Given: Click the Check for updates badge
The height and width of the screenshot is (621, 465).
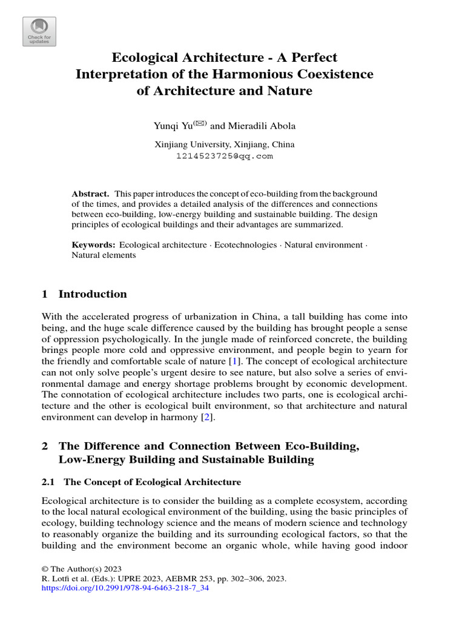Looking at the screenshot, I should [x=39, y=31].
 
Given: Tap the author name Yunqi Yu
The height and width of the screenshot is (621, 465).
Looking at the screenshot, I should [x=173, y=126].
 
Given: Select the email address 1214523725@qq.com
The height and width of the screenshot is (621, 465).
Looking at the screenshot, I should [x=224, y=156].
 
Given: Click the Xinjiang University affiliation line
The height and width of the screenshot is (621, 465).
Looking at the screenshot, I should [x=224, y=144].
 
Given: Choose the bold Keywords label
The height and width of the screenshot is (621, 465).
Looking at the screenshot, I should [x=93, y=244].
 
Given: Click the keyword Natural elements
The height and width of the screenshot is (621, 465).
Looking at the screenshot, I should [x=104, y=255].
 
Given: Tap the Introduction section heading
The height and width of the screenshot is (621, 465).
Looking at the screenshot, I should [x=92, y=294].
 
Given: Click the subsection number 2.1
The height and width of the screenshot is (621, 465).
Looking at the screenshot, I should [x=48, y=482].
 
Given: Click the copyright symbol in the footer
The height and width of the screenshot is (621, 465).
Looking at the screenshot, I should [x=45, y=569].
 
